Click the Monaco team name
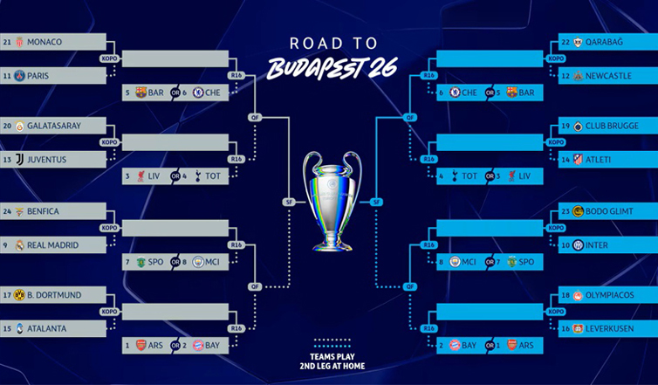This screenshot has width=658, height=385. pos(45,41)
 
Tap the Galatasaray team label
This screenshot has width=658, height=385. pos(53,126)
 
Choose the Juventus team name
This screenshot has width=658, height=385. pos(49,159)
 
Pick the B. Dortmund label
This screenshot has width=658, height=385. pos(54,295)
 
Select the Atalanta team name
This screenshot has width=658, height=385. pos(48,328)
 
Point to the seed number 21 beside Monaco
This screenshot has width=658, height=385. pos(7,41)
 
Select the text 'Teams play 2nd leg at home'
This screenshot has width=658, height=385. pos(329,361)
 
